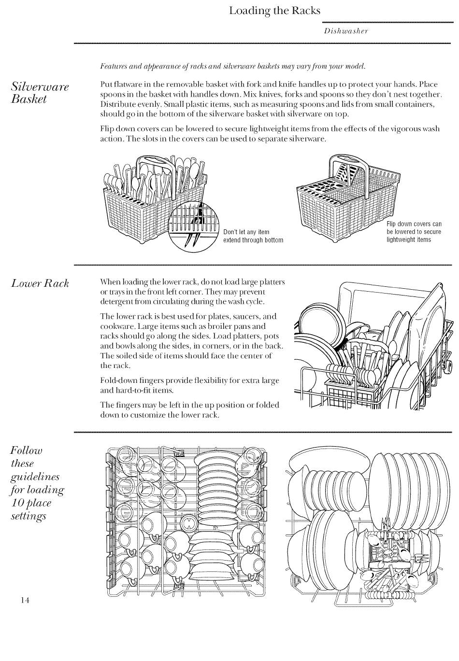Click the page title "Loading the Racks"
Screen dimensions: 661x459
(x=274, y=11)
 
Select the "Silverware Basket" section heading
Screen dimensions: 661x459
(x=40, y=93)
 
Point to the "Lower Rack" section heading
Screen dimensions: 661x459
(x=40, y=283)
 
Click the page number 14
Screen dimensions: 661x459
(x=25, y=600)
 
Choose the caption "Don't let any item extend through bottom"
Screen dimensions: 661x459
(x=253, y=236)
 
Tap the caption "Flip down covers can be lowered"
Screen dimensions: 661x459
(x=414, y=232)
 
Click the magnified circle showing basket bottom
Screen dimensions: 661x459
(x=193, y=226)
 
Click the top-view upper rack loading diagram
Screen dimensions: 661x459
(x=186, y=521)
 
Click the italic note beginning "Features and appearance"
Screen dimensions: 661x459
(x=232, y=66)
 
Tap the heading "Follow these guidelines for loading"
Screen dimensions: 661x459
(x=37, y=483)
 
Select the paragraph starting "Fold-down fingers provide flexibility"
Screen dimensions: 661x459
(x=189, y=385)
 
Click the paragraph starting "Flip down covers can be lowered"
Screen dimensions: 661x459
(x=270, y=134)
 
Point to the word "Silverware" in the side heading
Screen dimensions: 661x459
(x=40, y=87)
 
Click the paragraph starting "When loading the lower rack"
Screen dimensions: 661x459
(x=192, y=292)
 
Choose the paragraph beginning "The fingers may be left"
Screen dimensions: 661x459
(x=189, y=410)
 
